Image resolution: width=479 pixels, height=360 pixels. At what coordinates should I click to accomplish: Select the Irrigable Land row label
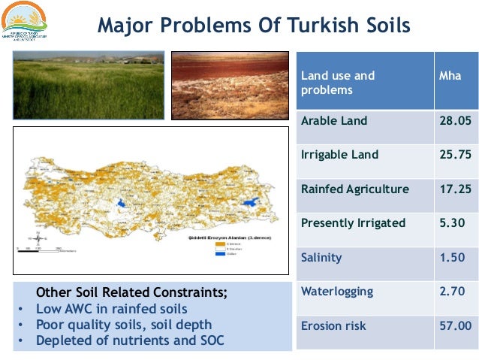[x=339, y=155]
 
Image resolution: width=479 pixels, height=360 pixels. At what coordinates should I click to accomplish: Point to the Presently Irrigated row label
[x=353, y=222]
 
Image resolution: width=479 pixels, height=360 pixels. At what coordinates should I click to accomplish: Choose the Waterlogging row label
[x=334, y=292]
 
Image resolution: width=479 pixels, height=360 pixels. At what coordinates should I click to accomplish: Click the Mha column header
[x=450, y=76]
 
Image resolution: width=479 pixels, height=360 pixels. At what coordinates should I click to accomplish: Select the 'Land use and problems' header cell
[x=338, y=83]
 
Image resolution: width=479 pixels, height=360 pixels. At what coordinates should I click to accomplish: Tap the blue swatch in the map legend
[x=220, y=253]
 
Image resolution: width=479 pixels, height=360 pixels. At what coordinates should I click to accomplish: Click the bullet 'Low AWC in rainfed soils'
[x=113, y=308]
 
